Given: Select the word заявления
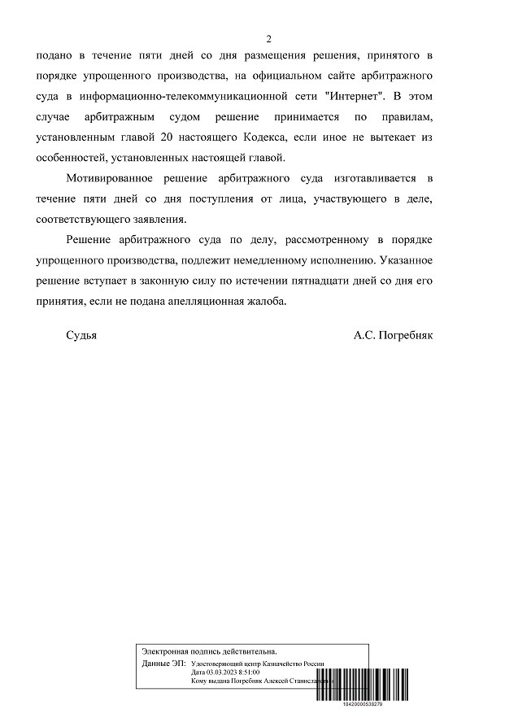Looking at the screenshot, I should coord(159,220).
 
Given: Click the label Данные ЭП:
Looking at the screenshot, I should coord(163,664).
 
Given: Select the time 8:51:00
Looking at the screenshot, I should coord(249,673).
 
